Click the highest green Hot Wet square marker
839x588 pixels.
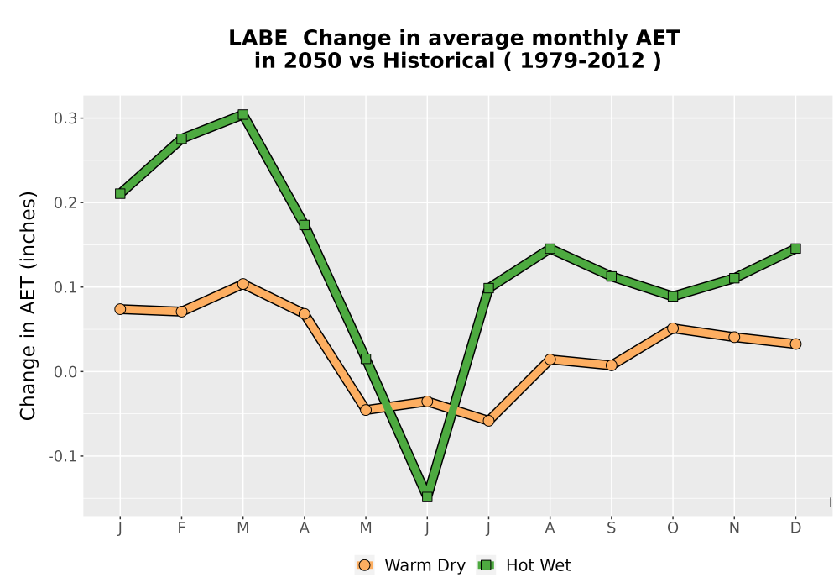pos(243,114)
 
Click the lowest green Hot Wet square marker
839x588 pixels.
pos(427,497)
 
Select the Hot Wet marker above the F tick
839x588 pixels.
pos(181,139)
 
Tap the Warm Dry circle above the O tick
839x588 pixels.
pos(673,328)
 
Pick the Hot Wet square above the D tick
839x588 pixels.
pos(795,249)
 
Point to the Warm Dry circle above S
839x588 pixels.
pos(611,365)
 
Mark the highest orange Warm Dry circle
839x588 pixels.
pos(243,284)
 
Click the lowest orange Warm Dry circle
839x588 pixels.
pos(488,421)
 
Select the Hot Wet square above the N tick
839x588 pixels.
pos(734,278)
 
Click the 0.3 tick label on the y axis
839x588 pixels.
pos(65,118)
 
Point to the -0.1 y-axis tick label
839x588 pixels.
pos(63,457)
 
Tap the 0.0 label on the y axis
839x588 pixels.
pos(65,372)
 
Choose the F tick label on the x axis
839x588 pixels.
pos(181,528)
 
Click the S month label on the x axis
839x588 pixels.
pos(611,528)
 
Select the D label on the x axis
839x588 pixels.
pos(795,528)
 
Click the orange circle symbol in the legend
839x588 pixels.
pos(364,565)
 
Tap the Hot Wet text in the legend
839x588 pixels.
pos(539,565)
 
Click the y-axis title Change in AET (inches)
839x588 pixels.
pos(28,306)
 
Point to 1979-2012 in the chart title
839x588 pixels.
pos(582,60)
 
